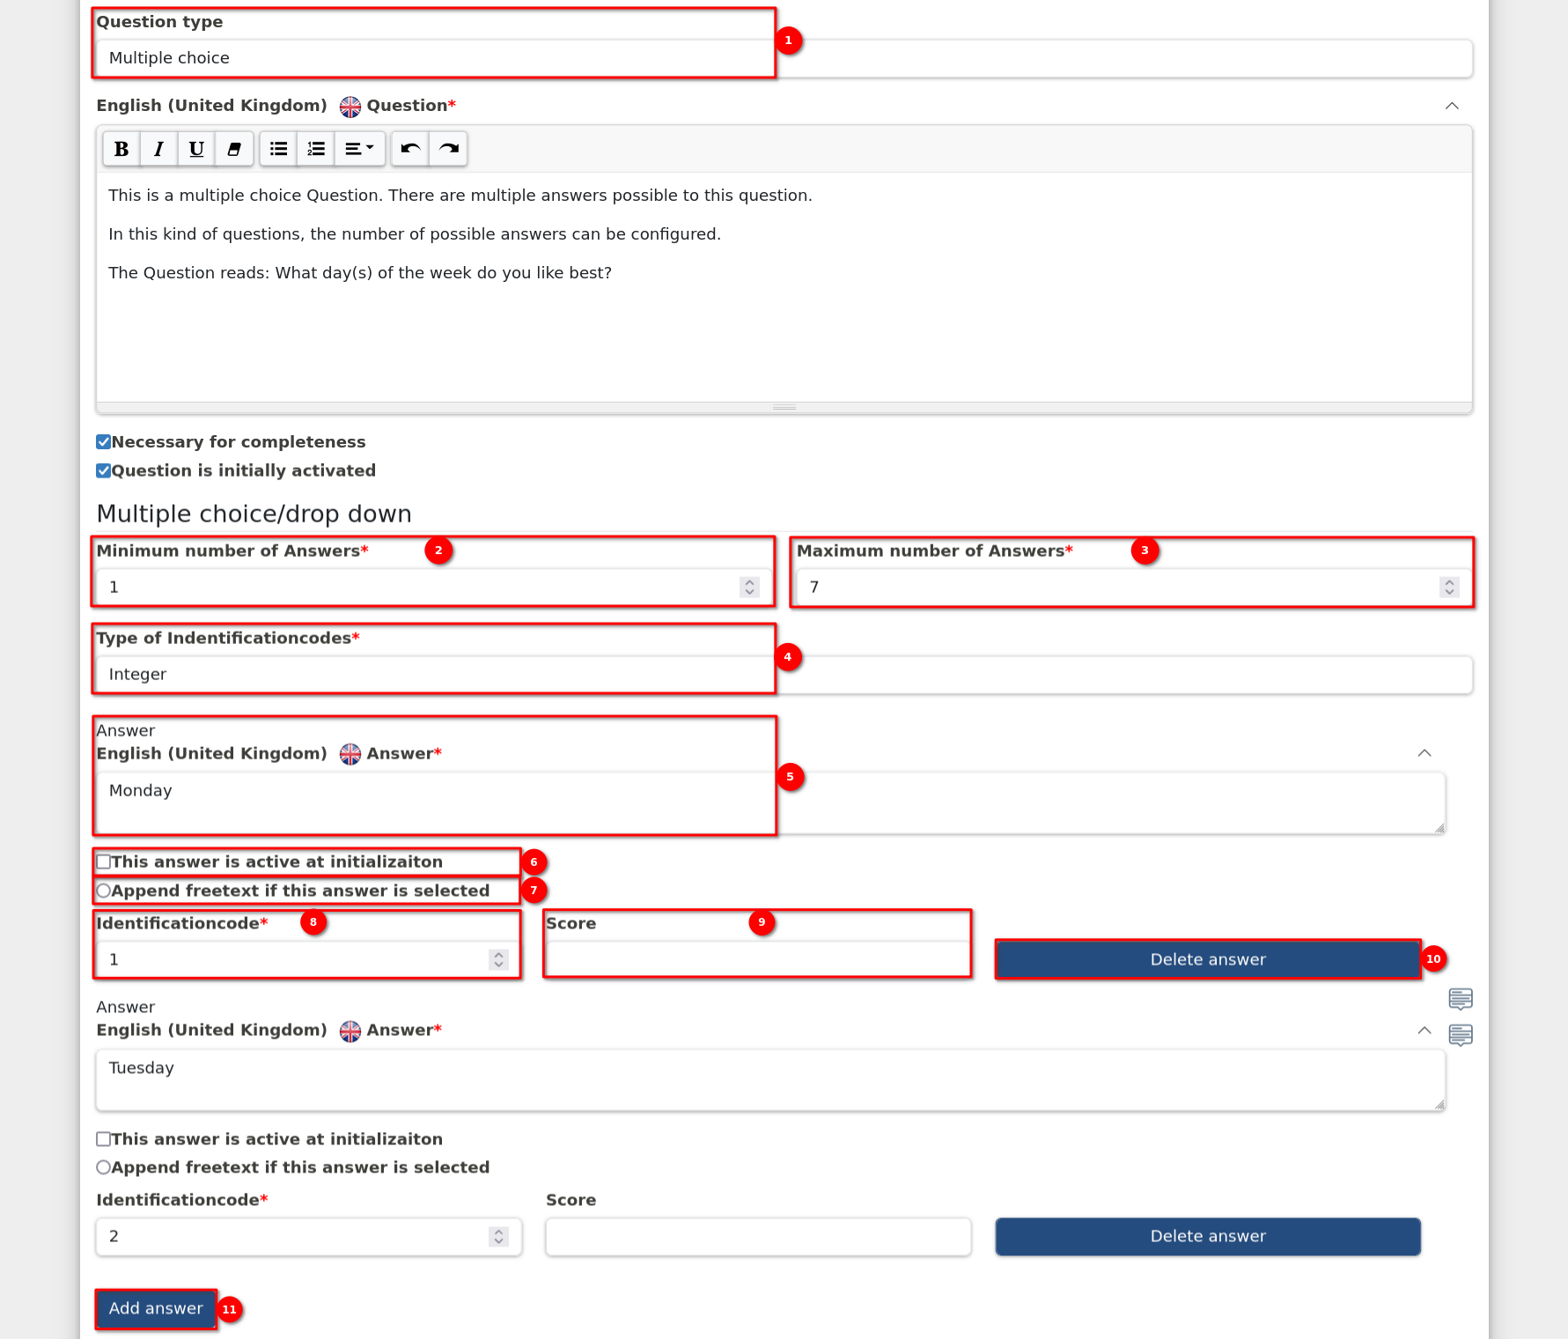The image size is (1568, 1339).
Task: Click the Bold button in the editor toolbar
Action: [x=121, y=149]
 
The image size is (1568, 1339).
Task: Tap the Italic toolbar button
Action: [x=159, y=149]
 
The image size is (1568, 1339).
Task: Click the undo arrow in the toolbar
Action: [x=410, y=149]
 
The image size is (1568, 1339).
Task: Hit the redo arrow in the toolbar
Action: [x=448, y=149]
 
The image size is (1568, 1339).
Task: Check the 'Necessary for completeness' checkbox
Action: [x=104, y=442]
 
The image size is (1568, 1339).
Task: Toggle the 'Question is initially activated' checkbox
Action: [x=104, y=470]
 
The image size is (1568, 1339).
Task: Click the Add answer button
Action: [x=156, y=1309]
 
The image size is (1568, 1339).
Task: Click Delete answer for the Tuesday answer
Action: [x=1208, y=1236]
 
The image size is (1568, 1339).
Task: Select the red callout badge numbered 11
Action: [x=230, y=1310]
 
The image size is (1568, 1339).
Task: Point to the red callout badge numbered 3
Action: [x=1145, y=551]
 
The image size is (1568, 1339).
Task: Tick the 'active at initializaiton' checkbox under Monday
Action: [x=104, y=862]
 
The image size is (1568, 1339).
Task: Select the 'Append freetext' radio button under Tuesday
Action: [x=104, y=1167]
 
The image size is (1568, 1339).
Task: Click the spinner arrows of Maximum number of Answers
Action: [x=1449, y=587]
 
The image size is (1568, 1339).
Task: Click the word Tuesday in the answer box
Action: [x=142, y=1068]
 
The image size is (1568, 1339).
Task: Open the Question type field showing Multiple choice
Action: [x=784, y=58]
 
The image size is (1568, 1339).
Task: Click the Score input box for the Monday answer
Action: [x=758, y=959]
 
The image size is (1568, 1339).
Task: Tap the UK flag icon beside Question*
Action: [x=350, y=107]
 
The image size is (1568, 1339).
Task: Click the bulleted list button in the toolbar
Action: [x=279, y=149]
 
